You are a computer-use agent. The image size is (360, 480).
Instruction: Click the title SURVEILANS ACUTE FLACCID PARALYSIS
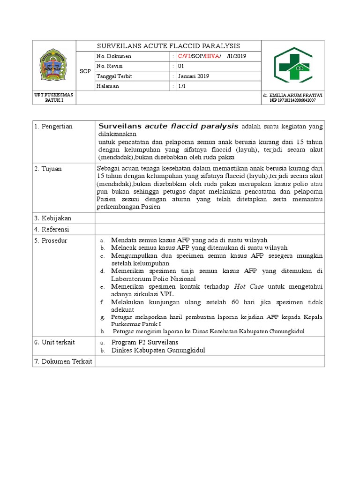[168, 46]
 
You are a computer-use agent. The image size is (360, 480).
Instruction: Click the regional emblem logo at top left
[54, 66]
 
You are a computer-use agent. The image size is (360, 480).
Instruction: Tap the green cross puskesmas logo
[293, 65]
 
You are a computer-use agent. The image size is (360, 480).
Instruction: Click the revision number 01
[181, 66]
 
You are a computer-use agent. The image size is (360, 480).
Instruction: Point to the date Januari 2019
[193, 76]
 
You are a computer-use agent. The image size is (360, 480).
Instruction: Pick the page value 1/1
[181, 86]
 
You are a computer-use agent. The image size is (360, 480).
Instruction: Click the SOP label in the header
[85, 71]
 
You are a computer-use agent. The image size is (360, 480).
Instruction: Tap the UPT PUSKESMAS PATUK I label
[54, 97]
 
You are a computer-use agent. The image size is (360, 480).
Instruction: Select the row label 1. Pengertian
[54, 127]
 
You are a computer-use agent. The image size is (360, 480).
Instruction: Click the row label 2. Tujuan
[48, 168]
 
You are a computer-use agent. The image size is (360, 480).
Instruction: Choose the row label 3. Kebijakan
[52, 218]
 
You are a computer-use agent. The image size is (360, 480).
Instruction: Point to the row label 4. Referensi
[52, 229]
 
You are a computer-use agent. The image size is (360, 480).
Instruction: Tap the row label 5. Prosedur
[51, 240]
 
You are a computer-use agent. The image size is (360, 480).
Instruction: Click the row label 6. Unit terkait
[54, 342]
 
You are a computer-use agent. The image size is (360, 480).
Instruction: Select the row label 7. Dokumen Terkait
[62, 361]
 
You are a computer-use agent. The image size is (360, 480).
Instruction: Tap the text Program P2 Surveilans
[144, 342]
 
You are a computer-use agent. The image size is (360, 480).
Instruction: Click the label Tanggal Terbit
[114, 76]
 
